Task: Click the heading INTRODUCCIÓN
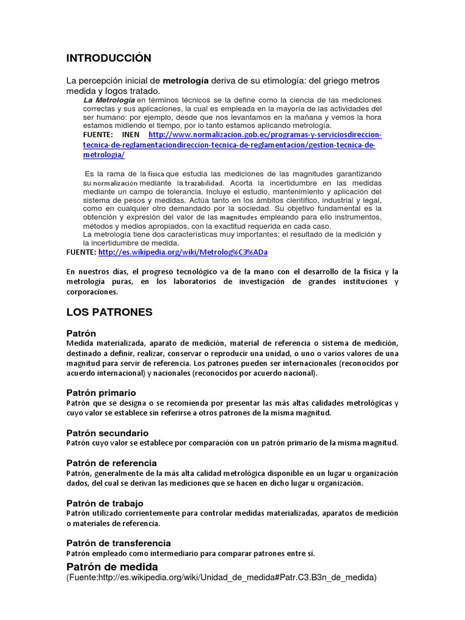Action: pyautogui.click(x=108, y=58)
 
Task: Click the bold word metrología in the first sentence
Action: pyautogui.click(x=186, y=81)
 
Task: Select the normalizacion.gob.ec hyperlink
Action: pyautogui.click(x=265, y=134)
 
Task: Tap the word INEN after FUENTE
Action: pyautogui.click(x=130, y=134)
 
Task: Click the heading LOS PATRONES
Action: pyautogui.click(x=109, y=312)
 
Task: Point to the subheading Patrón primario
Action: pyautogui.click(x=101, y=392)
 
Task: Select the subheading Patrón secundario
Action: pyautogui.click(x=107, y=432)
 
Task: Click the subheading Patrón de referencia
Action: pyautogui.click(x=111, y=463)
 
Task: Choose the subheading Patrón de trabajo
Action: pyautogui.click(x=105, y=503)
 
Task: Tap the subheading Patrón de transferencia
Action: pyautogui.click(x=118, y=542)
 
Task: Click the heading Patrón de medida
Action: pyautogui.click(x=112, y=566)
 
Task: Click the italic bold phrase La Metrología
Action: pyautogui.click(x=108, y=99)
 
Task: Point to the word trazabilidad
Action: pyautogui.click(x=204, y=183)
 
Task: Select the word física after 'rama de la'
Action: pyautogui.click(x=156, y=174)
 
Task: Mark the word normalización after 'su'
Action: pyautogui.click(x=116, y=183)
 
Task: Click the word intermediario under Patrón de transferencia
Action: pyautogui.click(x=159, y=553)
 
